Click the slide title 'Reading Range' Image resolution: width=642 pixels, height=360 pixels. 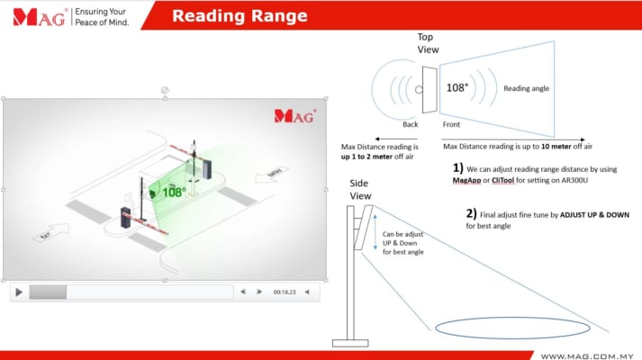click(x=240, y=15)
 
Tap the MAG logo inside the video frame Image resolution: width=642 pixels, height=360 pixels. click(x=294, y=115)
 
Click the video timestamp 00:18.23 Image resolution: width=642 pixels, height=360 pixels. click(x=285, y=292)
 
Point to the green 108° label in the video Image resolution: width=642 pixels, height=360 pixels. click(x=174, y=192)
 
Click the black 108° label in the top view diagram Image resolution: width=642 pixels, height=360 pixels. click(x=457, y=88)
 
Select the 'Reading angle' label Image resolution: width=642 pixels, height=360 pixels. click(x=526, y=89)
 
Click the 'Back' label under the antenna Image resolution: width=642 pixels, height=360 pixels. click(x=411, y=124)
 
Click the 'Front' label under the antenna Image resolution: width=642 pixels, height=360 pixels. click(x=451, y=124)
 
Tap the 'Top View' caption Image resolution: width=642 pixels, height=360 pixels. click(x=428, y=43)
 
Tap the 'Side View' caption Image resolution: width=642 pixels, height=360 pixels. click(x=360, y=189)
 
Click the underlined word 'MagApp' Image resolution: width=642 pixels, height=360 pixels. click(x=469, y=181)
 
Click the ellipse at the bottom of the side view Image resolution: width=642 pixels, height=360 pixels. click(x=512, y=327)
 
